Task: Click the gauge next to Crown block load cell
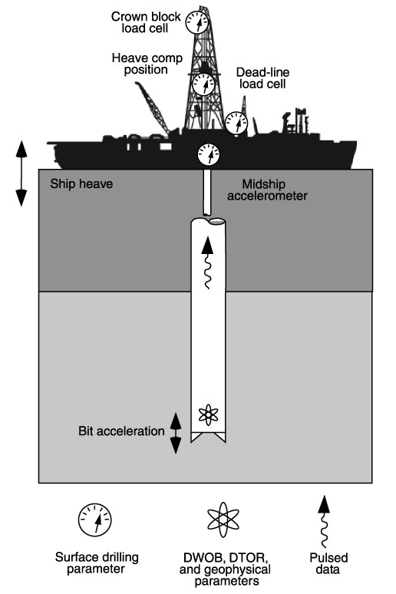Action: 197,22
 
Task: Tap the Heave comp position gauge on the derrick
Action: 203,84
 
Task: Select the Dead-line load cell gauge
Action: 236,123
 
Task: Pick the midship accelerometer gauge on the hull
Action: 209,154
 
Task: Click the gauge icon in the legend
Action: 94,520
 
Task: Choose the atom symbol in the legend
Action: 223,520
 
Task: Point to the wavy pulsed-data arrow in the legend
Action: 323,521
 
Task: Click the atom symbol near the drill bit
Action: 209,415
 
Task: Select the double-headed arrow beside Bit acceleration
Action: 176,433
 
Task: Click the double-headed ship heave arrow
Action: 21,173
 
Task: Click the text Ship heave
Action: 81,184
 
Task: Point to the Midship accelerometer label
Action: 267,190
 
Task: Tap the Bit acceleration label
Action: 121,431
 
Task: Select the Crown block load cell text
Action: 146,22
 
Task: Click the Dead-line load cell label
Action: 262,78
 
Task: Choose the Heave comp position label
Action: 147,64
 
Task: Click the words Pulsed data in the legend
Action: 328,563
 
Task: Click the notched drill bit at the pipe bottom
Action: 208,437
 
